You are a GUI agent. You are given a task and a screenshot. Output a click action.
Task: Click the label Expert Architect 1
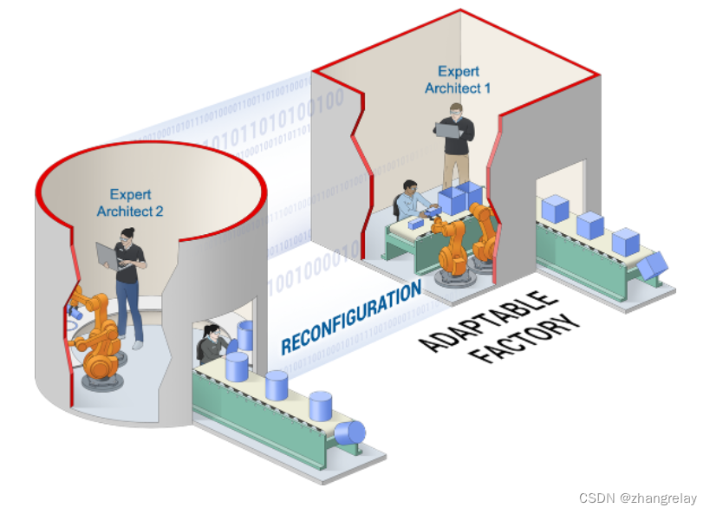tap(457, 80)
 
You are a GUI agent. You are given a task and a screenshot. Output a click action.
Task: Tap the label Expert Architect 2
tap(130, 203)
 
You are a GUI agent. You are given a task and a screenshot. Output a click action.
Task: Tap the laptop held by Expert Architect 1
tap(448, 130)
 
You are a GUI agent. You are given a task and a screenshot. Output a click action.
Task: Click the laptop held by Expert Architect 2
tap(107, 255)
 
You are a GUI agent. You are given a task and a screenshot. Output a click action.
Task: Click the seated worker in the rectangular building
tap(411, 201)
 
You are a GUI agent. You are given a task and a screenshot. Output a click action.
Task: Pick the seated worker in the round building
tap(212, 343)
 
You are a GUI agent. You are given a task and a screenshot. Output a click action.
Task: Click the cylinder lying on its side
tap(351, 433)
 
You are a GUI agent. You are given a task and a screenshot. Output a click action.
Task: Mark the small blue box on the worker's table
tap(415, 224)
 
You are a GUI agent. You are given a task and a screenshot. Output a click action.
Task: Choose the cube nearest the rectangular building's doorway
tap(554, 209)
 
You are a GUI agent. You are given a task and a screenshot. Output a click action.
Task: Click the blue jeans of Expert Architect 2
tap(129, 308)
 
